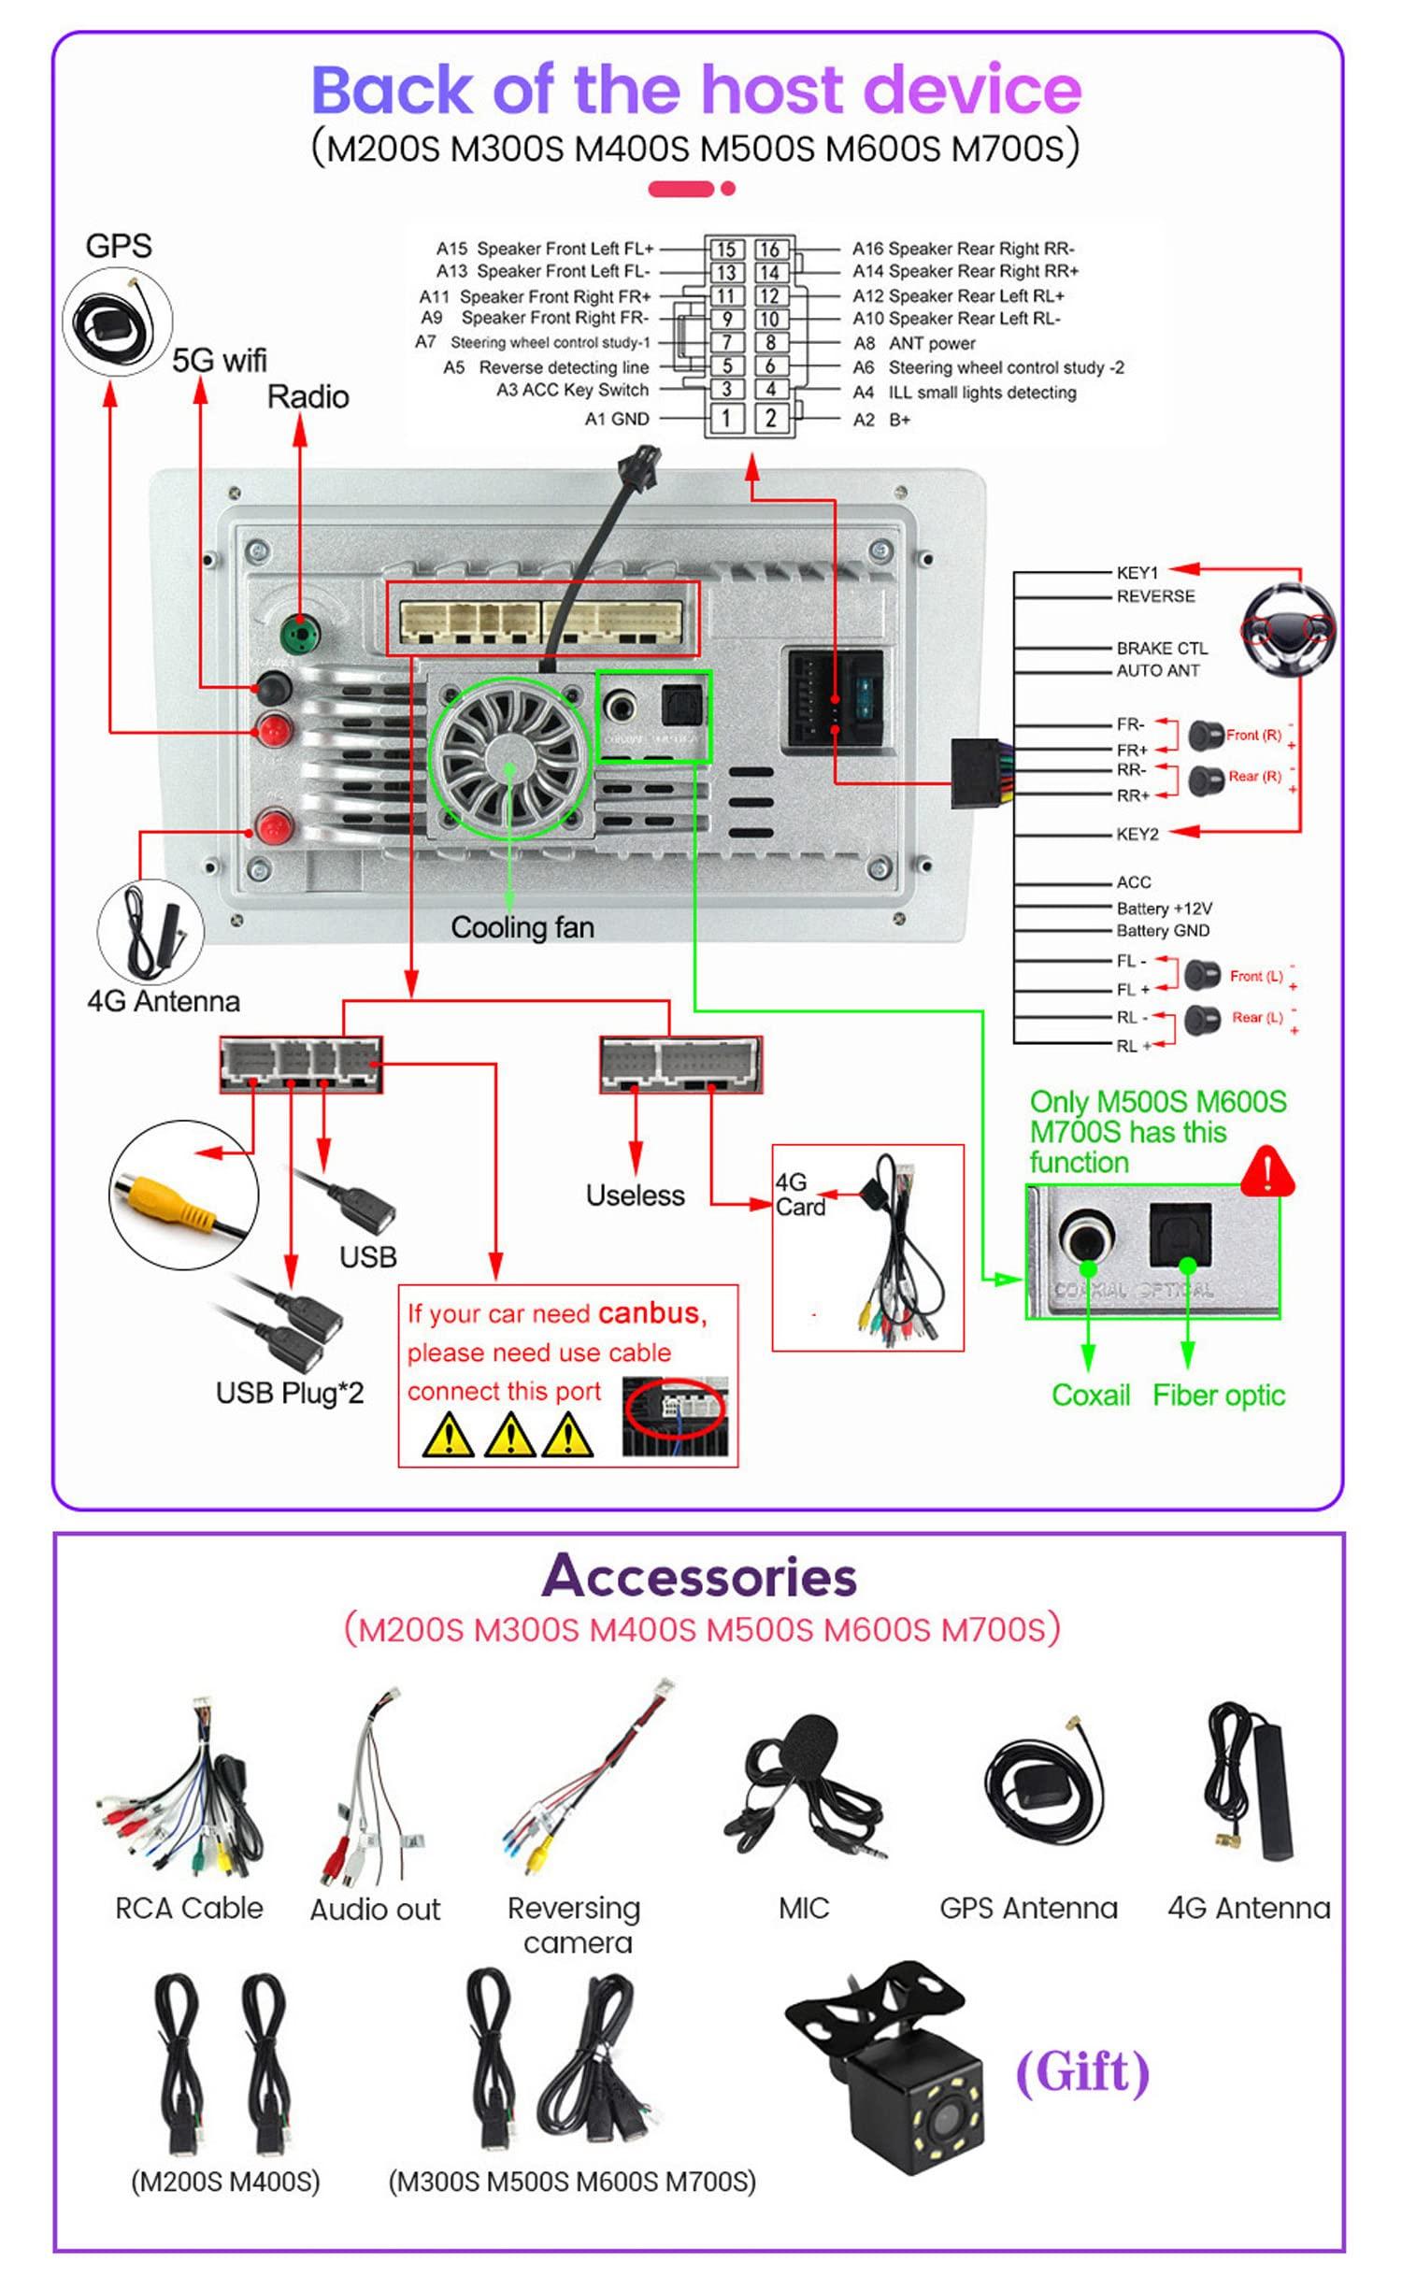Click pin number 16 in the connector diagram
coord(769,250)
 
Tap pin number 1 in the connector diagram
coord(725,418)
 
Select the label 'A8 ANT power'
coord(914,344)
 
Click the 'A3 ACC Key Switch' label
coord(572,390)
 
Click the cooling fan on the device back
coord(509,755)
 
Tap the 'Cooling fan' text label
coord(522,927)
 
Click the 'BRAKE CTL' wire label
coord(1162,648)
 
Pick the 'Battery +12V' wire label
coord(1164,908)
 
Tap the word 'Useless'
coord(635,1195)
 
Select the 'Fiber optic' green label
coord(1218,1396)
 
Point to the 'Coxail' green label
coord(1090,1396)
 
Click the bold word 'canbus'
coord(652,1313)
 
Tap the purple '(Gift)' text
coord(1082,2070)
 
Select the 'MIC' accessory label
coord(804,1908)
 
